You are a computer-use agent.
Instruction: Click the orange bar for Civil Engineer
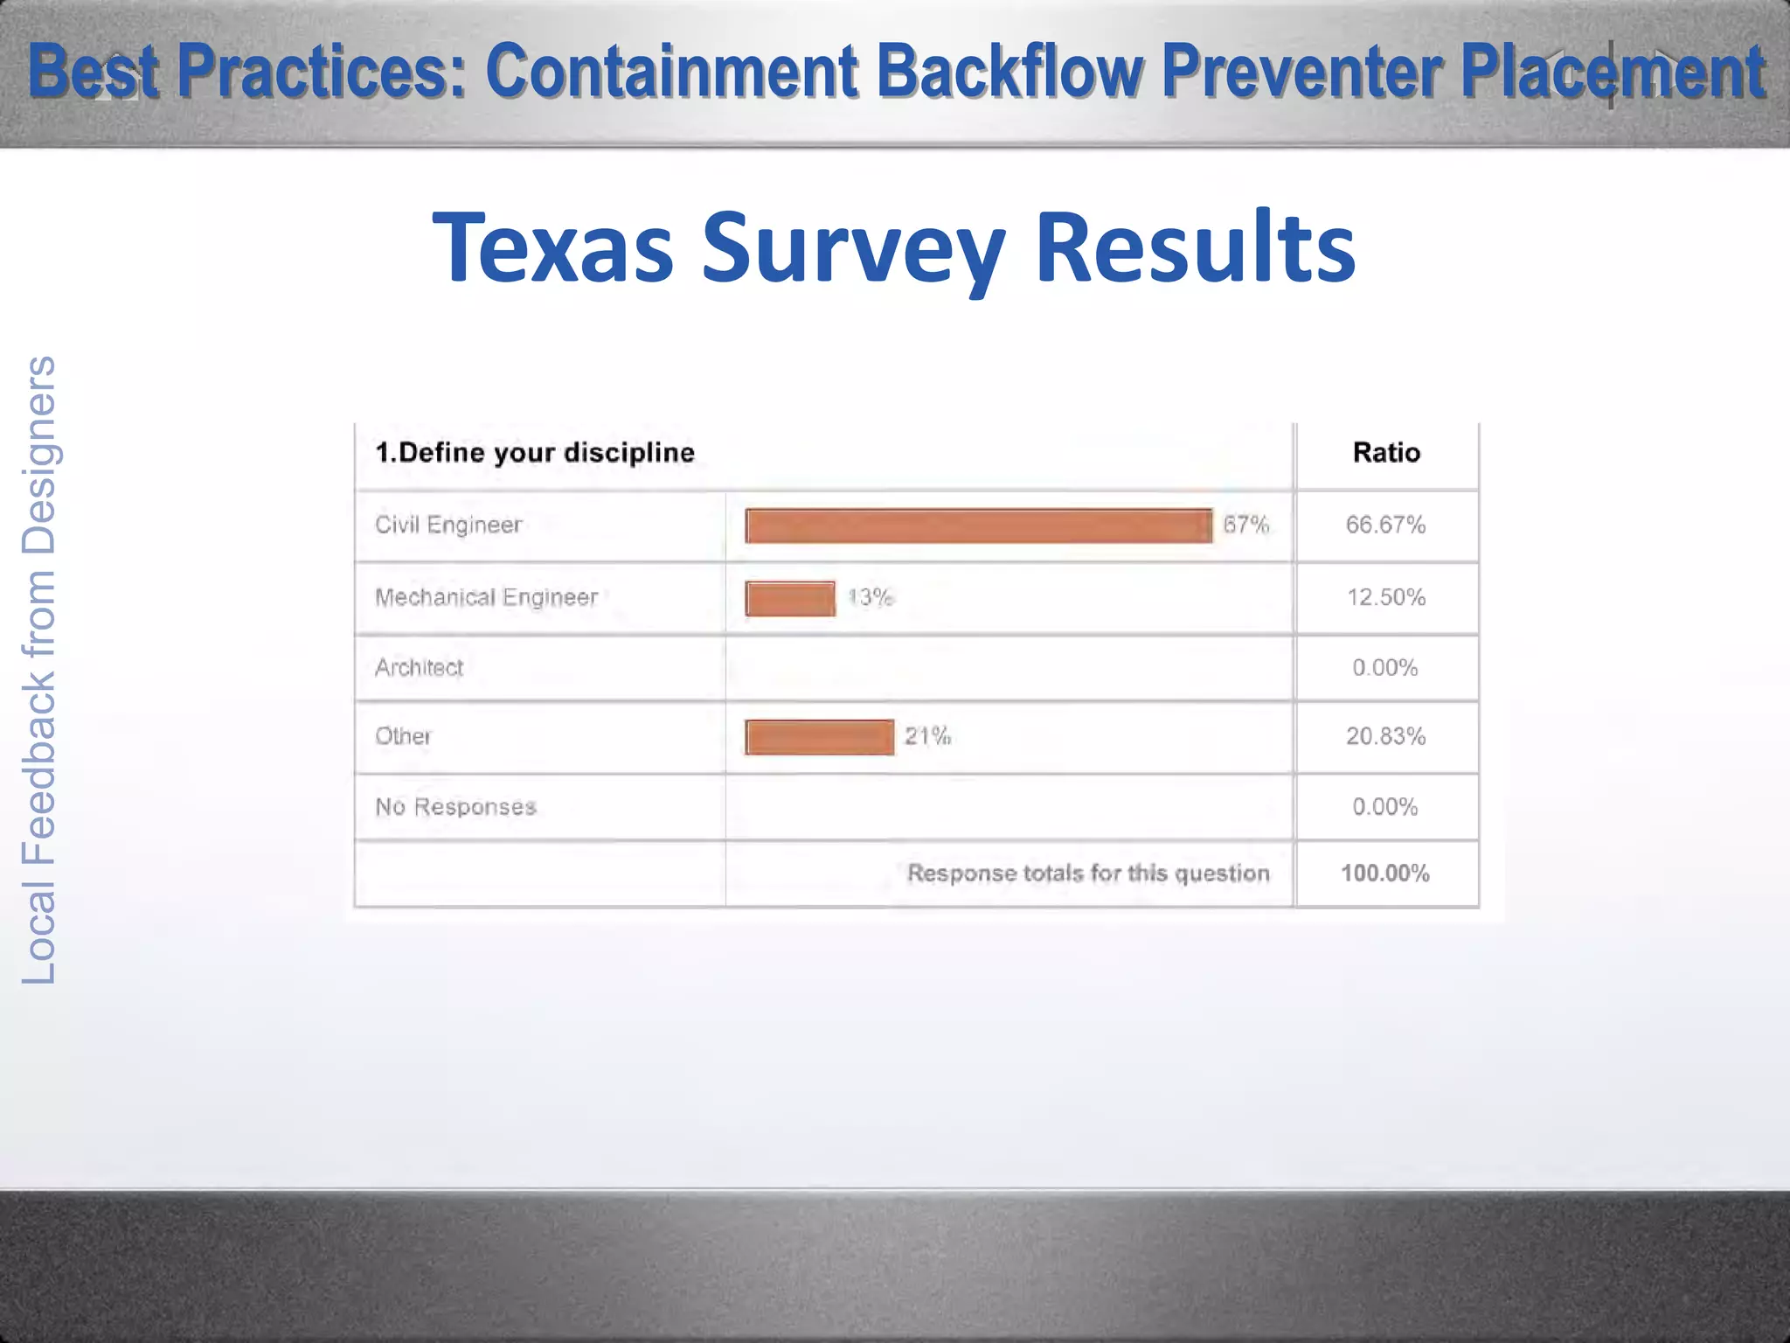(978, 525)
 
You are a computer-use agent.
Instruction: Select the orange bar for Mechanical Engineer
(790, 598)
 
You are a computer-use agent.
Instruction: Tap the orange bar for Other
(819, 736)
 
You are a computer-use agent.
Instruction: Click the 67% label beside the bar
(1245, 525)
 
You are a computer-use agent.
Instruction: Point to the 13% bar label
(871, 597)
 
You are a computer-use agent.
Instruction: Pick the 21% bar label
(927, 736)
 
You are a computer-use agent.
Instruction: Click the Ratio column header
(1386, 452)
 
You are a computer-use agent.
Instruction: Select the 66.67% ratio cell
(1385, 525)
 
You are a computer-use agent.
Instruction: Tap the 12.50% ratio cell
(1385, 597)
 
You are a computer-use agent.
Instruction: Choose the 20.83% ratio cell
(1385, 736)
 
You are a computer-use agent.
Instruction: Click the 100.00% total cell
(1385, 873)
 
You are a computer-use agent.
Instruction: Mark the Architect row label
(419, 667)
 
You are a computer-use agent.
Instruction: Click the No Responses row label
(455, 806)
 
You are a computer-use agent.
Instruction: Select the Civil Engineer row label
(448, 525)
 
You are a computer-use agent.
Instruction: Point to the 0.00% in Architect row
(1385, 667)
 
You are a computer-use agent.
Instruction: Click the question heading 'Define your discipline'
(535, 452)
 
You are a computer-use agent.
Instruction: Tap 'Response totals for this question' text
(1088, 873)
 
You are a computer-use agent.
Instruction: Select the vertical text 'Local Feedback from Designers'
(39, 669)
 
